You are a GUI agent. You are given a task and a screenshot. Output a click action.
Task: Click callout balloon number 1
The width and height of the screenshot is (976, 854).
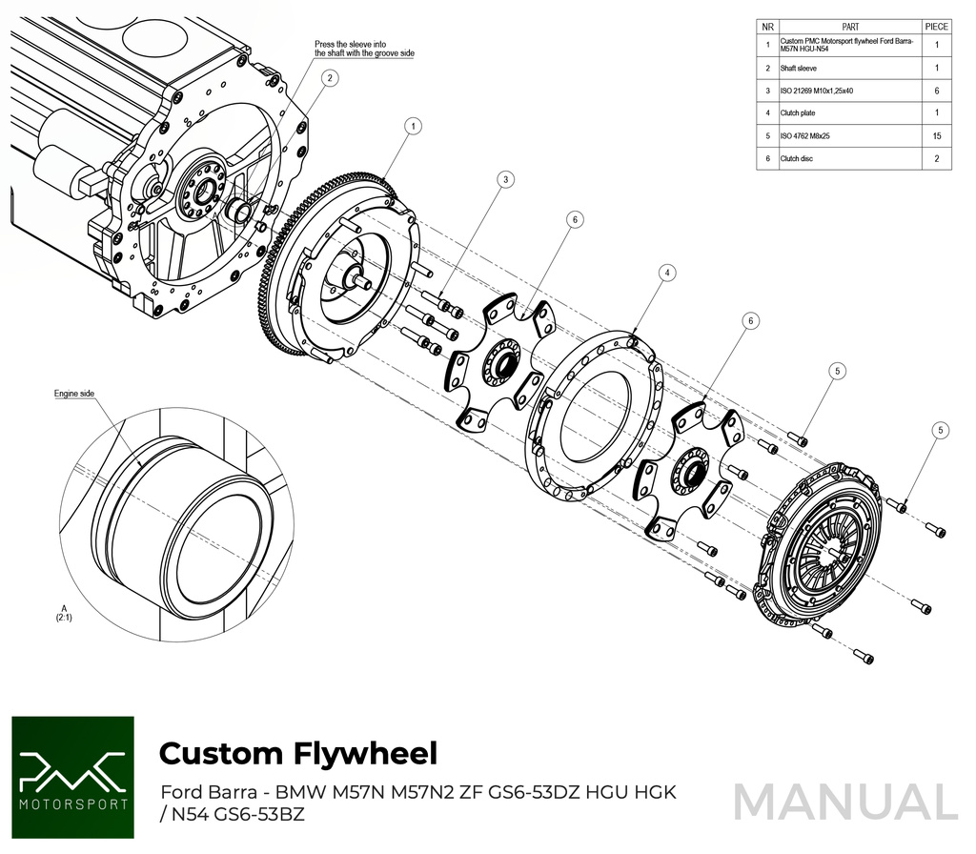click(x=413, y=125)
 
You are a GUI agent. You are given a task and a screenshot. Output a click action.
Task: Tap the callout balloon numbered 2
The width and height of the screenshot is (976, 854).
click(x=330, y=79)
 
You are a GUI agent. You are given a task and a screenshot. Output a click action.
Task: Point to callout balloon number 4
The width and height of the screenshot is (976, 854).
click(x=668, y=273)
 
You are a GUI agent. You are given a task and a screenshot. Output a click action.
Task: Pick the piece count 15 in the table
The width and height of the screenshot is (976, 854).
click(x=937, y=136)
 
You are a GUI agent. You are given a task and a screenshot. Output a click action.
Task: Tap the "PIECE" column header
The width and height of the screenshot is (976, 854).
click(x=937, y=27)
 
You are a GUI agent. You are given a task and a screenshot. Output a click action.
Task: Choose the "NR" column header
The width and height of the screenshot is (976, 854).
click(x=767, y=27)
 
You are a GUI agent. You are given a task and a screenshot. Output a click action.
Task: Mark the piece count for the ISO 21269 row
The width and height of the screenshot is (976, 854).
click(x=937, y=91)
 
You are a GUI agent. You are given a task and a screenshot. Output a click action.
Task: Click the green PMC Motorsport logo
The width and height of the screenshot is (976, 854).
click(x=73, y=779)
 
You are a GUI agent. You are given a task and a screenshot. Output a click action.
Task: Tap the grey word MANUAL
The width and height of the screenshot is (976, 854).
click(x=844, y=802)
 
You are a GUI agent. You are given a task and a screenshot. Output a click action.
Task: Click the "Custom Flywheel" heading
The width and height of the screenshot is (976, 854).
click(x=297, y=753)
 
